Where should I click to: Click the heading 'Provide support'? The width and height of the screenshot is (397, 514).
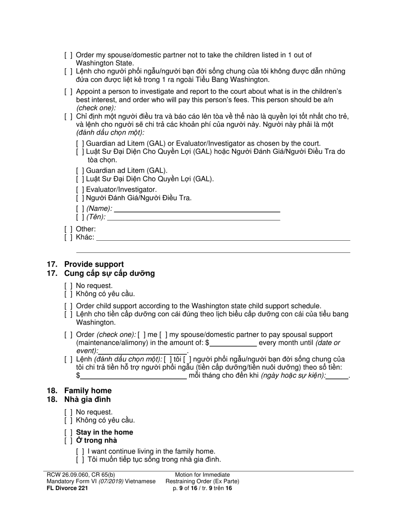pyautogui.click(x=94, y=264)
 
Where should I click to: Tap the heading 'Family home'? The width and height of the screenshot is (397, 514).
pyautogui.click(x=87, y=390)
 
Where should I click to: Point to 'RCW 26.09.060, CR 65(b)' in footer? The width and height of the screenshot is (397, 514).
pyautogui.click(x=79, y=475)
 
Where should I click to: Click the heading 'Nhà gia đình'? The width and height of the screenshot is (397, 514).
pyautogui.click(x=87, y=399)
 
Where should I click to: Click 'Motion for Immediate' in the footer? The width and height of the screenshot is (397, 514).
pyautogui.click(x=202, y=475)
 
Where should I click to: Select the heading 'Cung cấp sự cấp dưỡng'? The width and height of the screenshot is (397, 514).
pyautogui.click(x=109, y=273)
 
